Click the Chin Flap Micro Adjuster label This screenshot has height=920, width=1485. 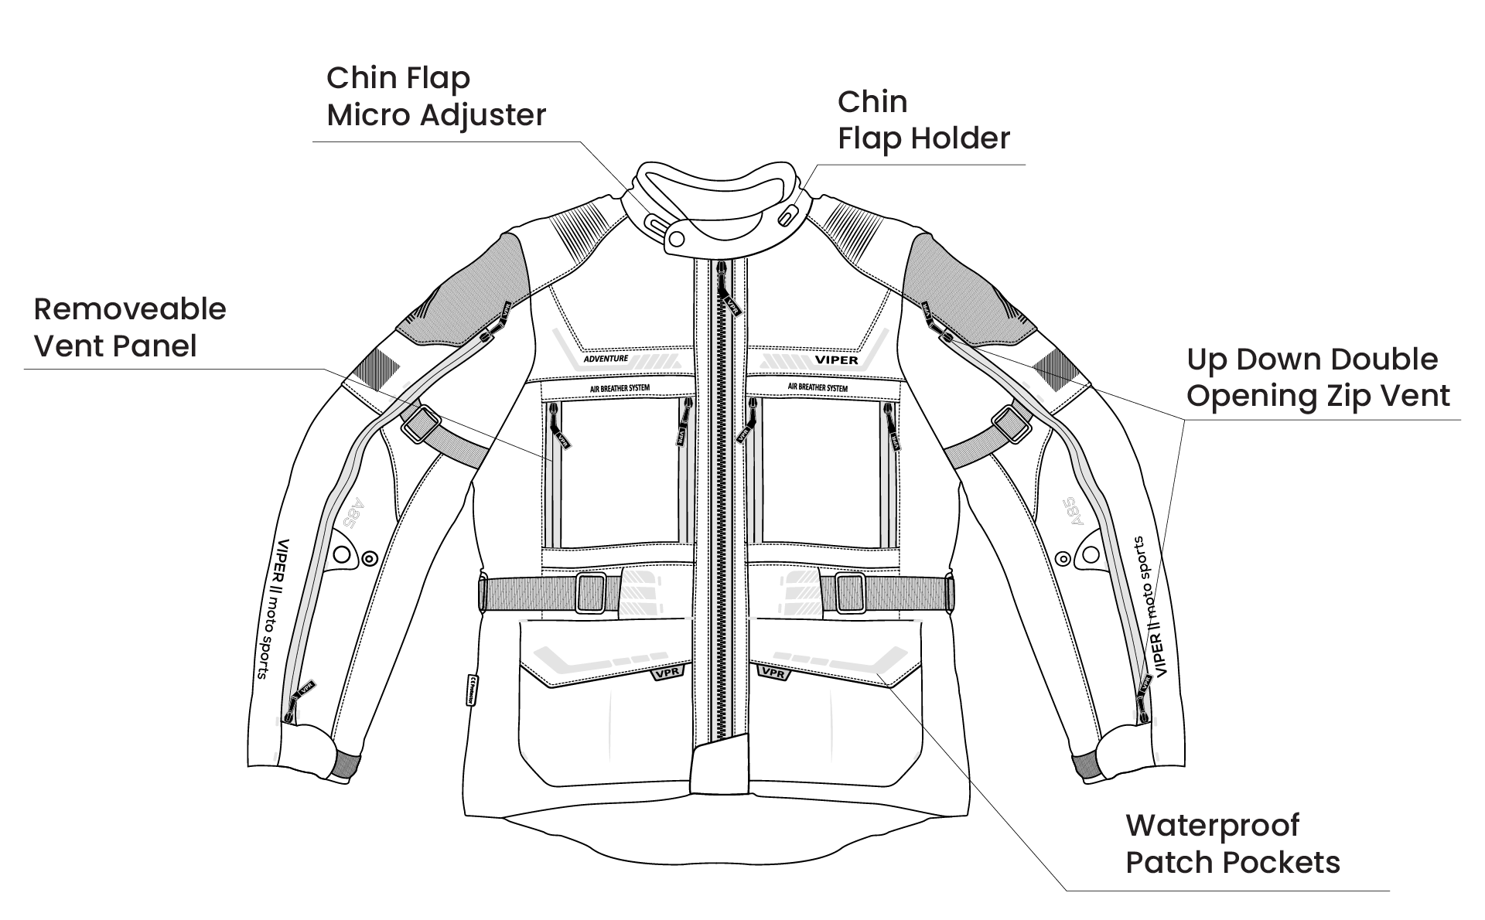tap(436, 97)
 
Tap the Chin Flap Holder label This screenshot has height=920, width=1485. tap(923, 121)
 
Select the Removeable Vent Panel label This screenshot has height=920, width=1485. tap(130, 328)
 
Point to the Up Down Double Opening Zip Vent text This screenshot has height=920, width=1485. tap(1318, 377)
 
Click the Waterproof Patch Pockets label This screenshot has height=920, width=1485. tap(1232, 843)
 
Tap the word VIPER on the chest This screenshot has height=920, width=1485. tap(836, 360)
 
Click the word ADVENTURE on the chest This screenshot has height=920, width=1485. tap(606, 359)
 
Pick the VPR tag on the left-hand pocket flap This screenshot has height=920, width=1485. tap(666, 673)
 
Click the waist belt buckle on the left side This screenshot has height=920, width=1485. tap(592, 594)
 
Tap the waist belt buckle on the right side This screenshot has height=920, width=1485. tap(850, 593)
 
